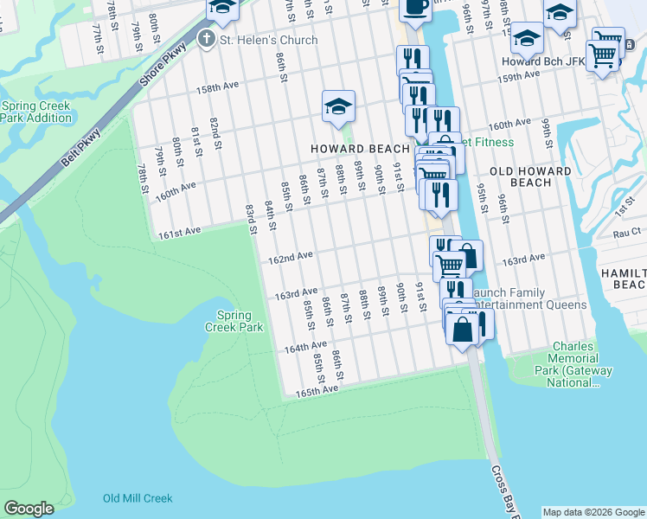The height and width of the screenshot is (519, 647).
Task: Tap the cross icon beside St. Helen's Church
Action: tap(206, 39)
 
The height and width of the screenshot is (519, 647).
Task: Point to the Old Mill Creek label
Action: tap(138, 498)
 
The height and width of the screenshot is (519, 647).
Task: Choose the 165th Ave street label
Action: tap(316, 391)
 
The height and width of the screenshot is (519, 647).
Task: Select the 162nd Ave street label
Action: tap(290, 259)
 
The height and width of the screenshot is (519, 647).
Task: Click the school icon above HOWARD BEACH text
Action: tap(339, 106)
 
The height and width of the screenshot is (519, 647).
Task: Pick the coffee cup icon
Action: tap(414, 7)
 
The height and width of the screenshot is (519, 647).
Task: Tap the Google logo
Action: tap(29, 509)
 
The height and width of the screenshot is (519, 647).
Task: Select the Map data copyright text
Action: tap(593, 512)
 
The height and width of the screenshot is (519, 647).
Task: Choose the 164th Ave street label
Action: tap(305, 348)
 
